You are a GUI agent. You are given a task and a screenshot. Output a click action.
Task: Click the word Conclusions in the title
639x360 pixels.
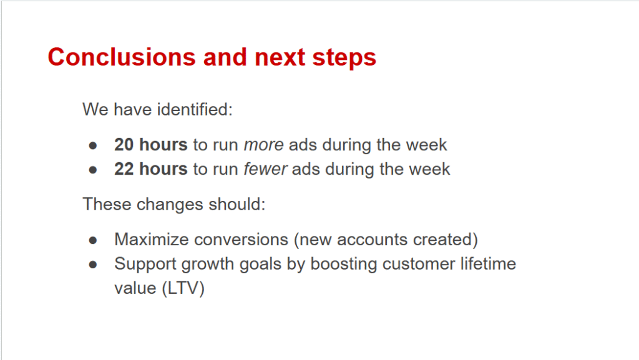122,57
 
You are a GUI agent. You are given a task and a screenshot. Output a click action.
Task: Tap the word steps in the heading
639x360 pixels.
344,57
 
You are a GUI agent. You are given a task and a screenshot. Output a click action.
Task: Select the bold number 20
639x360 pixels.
124,145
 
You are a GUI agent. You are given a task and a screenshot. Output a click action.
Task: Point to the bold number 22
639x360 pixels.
124,169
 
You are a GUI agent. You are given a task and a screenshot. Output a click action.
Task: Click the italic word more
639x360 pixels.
264,145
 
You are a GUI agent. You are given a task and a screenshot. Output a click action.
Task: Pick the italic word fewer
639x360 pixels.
265,169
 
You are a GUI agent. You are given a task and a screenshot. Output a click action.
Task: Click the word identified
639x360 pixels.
195,109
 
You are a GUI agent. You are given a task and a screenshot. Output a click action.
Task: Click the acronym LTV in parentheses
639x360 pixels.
183,288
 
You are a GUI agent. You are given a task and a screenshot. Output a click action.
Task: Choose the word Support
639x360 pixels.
145,265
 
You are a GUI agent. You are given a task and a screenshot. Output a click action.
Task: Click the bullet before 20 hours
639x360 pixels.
93,145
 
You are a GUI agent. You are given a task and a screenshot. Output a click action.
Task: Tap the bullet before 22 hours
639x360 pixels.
93,170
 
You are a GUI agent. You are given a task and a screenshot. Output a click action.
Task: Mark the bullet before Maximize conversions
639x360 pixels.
93,240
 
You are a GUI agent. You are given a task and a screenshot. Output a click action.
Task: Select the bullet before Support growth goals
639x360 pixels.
93,265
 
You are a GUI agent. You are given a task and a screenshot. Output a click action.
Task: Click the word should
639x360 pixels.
237,204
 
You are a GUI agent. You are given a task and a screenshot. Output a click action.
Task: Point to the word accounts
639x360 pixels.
372,240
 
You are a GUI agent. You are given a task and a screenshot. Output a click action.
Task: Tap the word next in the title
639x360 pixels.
280,57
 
